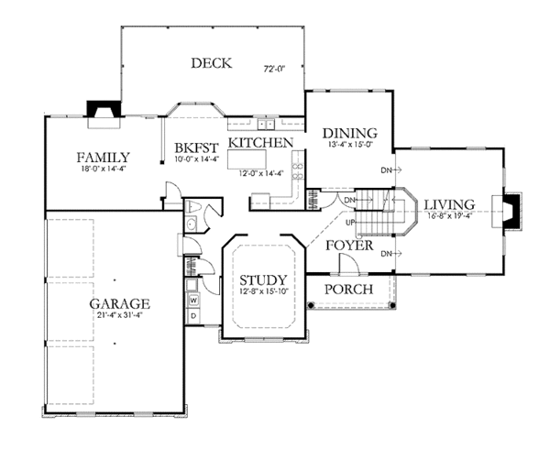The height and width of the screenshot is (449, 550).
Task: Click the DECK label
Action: [x=212, y=63]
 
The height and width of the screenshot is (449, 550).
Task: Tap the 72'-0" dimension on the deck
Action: [x=274, y=70]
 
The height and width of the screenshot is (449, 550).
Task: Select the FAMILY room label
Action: [x=103, y=157]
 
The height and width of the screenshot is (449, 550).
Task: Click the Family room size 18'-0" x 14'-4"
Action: [x=103, y=169]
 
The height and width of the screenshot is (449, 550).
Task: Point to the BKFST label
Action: [x=197, y=148]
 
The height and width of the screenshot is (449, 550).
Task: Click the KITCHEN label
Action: [x=261, y=143]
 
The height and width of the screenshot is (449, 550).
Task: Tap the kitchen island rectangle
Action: [x=247, y=159]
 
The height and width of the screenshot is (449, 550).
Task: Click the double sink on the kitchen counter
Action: [x=266, y=124]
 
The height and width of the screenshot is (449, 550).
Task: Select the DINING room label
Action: [x=350, y=133]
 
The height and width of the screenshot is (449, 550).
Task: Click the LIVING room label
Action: [x=449, y=204]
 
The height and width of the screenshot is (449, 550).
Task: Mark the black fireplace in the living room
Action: [x=512, y=211]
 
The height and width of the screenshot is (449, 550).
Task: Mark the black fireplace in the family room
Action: [x=104, y=109]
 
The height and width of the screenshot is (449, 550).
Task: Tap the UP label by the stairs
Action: [x=350, y=223]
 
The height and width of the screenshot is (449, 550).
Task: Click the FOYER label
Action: [x=349, y=246]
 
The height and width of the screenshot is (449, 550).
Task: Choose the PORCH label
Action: [x=348, y=290]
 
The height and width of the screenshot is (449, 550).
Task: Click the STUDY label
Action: [x=263, y=280]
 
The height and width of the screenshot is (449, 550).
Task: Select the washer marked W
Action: [x=193, y=301]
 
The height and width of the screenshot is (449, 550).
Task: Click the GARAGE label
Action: [x=119, y=304]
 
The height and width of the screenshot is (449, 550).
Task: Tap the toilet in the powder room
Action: [x=192, y=206]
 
